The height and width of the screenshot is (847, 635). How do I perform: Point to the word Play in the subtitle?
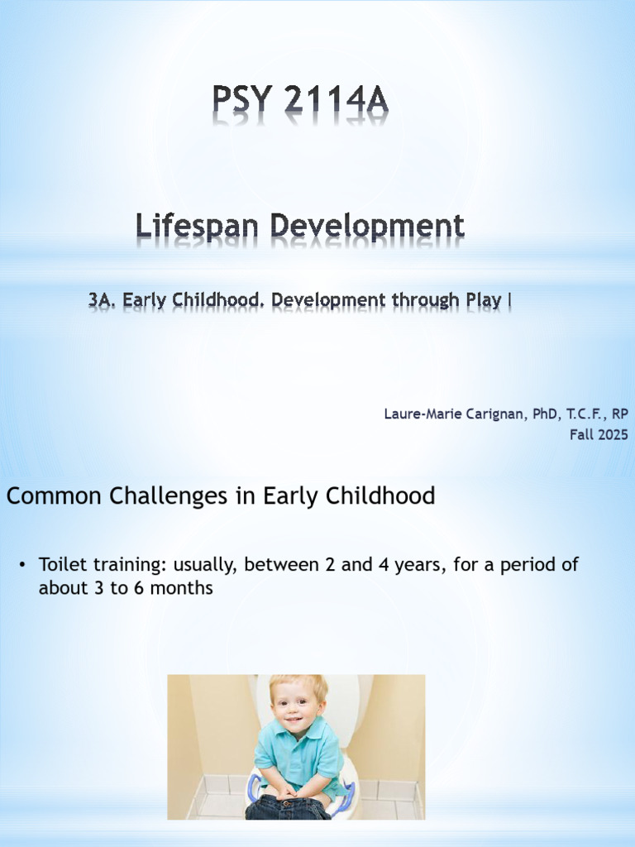point(484,300)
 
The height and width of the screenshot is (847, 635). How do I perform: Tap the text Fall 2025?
point(598,434)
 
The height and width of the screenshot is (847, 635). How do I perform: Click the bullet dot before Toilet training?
point(22,566)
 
